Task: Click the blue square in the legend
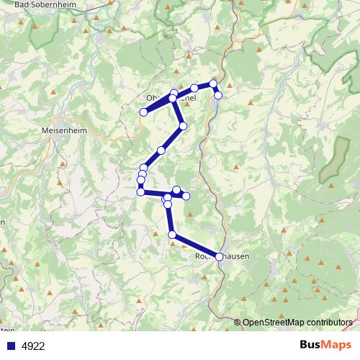pos(11,345)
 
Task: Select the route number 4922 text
pos(33,346)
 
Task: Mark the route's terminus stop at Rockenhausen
pos(220,256)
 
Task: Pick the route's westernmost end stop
pos(144,112)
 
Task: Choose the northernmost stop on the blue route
pos(213,84)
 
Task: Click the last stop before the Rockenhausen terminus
pos(172,235)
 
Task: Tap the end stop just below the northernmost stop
pos(218,95)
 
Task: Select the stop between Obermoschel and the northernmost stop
pos(194,88)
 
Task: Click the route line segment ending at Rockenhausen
pos(196,246)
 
